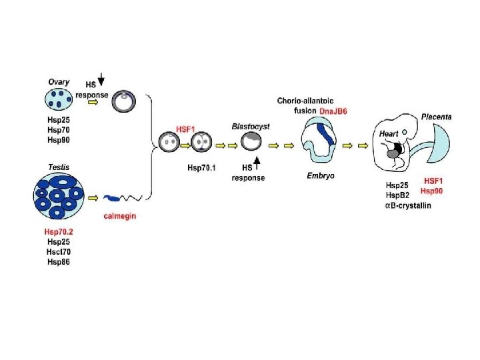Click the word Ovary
(x=59, y=82)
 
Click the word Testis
(x=59, y=167)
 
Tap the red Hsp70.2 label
(x=59, y=231)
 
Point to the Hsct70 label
(x=59, y=251)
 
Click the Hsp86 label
(x=59, y=261)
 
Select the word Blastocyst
(x=251, y=126)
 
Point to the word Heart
(x=389, y=134)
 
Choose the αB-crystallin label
(x=409, y=205)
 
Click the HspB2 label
(x=399, y=195)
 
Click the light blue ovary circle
(x=58, y=100)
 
